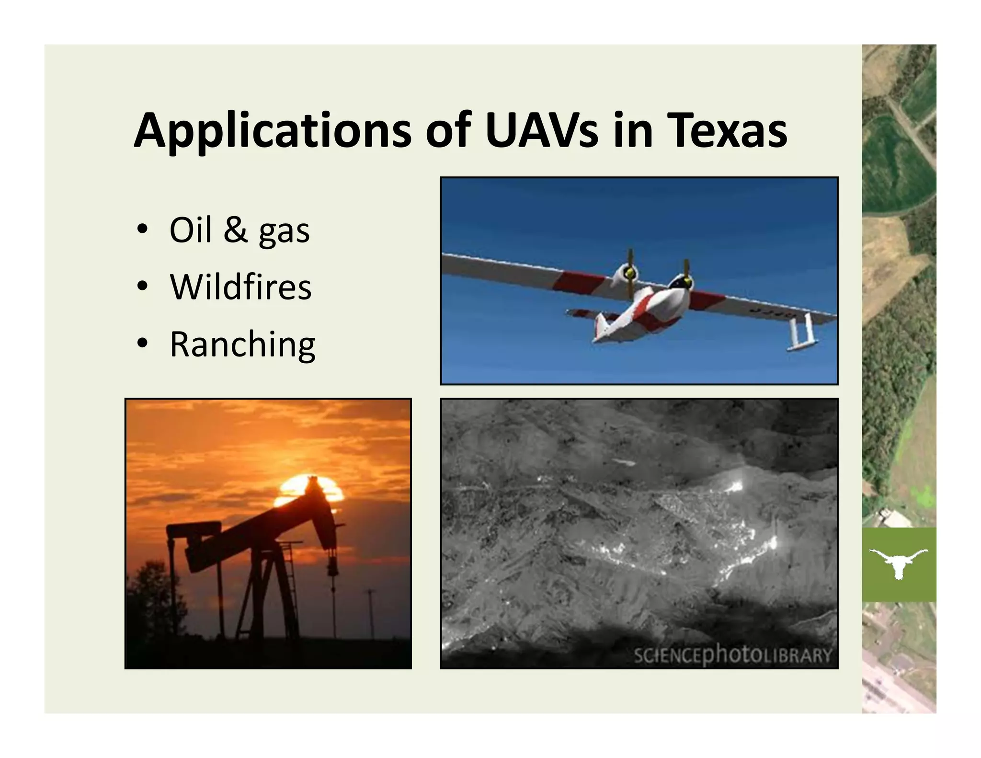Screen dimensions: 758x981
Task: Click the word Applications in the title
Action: tap(272, 131)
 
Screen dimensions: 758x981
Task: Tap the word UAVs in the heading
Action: tap(541, 130)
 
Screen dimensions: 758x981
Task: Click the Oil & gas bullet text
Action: tap(240, 230)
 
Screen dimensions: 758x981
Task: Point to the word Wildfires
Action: tap(240, 287)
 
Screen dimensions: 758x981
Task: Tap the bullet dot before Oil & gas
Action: tap(142, 230)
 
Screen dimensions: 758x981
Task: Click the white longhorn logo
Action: tap(898, 563)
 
